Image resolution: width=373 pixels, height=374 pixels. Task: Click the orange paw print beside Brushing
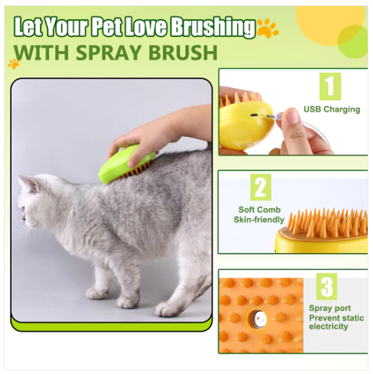click(x=268, y=28)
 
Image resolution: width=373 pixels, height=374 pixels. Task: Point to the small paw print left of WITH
click(x=14, y=64)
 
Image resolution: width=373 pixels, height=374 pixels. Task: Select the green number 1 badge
click(x=330, y=86)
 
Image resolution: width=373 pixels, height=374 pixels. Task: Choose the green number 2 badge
click(x=260, y=187)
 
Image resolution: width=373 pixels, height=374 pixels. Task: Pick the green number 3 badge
click(x=327, y=287)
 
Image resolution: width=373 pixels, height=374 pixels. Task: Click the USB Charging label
click(x=332, y=109)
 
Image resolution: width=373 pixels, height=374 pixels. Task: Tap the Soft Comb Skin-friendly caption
click(x=259, y=214)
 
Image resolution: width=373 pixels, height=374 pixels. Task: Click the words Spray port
click(x=330, y=308)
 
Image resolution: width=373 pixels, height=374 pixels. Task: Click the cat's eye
click(x=23, y=209)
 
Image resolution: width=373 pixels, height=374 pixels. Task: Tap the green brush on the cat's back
click(x=126, y=163)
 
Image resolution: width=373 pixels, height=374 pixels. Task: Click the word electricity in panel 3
click(x=329, y=326)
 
